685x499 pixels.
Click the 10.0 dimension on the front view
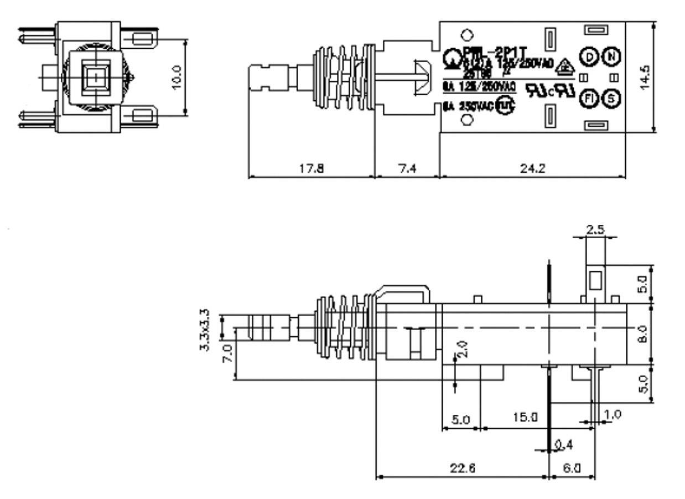(177, 78)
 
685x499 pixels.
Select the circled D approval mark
(589, 56)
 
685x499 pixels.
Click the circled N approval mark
(611, 56)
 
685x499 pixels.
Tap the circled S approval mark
(611, 99)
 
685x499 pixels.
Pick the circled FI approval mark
(589, 99)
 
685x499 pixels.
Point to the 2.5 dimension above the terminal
(595, 230)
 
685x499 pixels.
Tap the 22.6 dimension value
(461, 469)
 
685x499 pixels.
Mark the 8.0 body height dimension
(642, 334)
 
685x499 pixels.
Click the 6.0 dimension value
(572, 469)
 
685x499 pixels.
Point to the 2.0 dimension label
(464, 349)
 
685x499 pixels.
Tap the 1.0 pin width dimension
(613, 414)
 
